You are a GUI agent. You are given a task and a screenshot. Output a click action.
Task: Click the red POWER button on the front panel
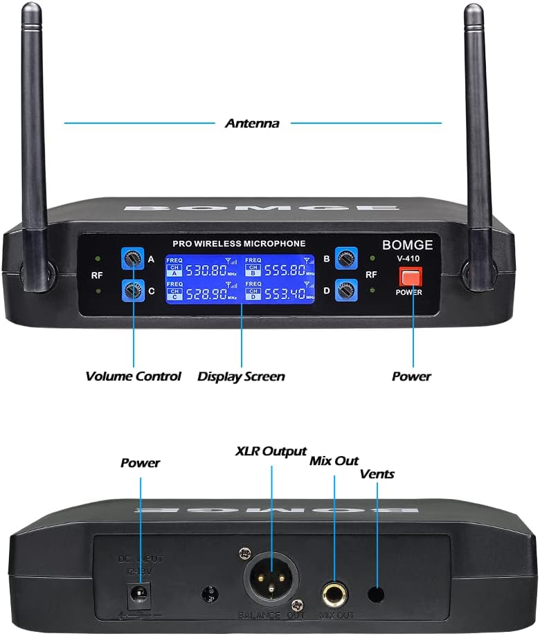[411, 277]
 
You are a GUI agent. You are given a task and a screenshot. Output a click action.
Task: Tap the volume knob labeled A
[132, 259]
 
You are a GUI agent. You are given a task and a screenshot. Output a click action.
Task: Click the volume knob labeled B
[345, 259]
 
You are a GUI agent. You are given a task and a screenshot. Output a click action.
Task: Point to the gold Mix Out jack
[335, 592]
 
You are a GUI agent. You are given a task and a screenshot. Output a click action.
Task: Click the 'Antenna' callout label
[252, 124]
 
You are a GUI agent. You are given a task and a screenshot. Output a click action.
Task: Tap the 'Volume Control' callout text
[133, 376]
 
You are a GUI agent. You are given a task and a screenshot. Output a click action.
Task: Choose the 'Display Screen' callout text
[241, 376]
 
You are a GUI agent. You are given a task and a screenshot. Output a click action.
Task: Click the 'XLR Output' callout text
[271, 451]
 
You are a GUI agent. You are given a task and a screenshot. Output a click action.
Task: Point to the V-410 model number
[408, 259]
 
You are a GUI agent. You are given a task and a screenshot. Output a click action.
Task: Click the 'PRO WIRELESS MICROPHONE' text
[239, 244]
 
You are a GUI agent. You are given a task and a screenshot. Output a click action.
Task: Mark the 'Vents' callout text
[377, 474]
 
